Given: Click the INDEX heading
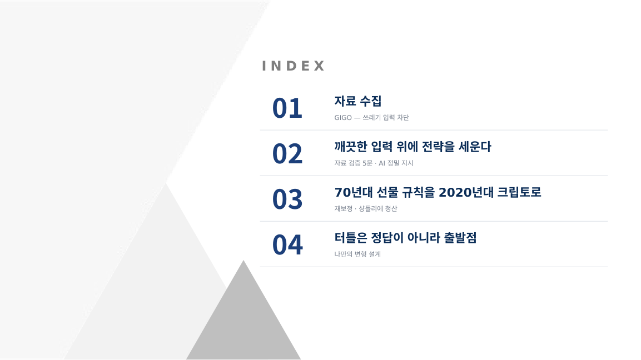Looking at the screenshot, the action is [x=293, y=66].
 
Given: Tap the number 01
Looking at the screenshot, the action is [x=287, y=108].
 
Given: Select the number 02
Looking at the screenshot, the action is [x=287, y=154].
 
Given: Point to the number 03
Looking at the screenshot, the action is [x=287, y=199].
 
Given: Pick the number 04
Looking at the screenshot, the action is [x=287, y=245].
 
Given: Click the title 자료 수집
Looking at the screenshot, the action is [x=358, y=101].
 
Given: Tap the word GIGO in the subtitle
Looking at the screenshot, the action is [x=343, y=118].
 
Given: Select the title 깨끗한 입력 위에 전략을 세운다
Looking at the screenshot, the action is [x=413, y=147].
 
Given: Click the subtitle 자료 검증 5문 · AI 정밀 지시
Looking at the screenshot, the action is [x=374, y=163].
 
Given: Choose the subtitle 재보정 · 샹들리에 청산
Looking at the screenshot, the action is [x=366, y=208].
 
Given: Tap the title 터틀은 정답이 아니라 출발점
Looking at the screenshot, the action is [x=405, y=237].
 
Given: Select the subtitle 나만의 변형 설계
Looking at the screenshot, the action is [x=357, y=254].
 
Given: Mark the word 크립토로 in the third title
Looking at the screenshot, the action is [x=519, y=192].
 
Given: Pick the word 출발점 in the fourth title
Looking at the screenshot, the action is [x=460, y=237].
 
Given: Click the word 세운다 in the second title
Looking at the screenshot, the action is [x=475, y=147].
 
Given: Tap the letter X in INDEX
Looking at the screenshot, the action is [x=319, y=66].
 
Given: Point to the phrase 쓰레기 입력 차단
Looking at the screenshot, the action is [x=386, y=118].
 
